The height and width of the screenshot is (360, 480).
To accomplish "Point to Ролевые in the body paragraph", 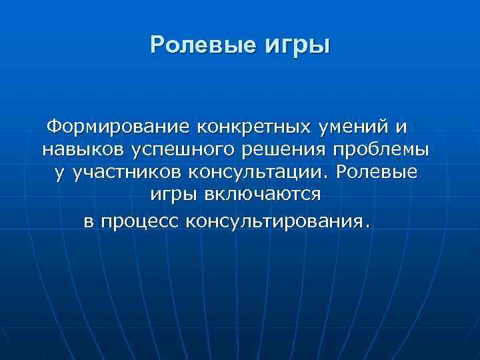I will point(377,173).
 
